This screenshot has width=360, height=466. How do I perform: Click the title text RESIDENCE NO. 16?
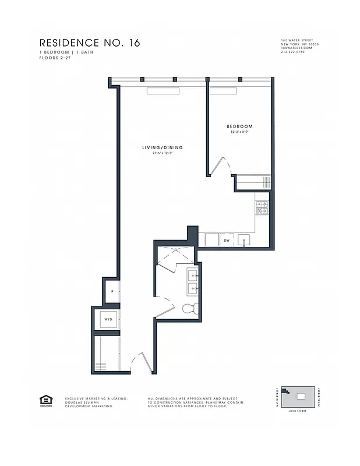89,43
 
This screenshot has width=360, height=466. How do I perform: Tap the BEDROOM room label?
239,126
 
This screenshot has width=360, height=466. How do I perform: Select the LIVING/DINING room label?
163,147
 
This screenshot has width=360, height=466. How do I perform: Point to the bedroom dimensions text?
239,132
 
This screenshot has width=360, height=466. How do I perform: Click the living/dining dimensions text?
167,154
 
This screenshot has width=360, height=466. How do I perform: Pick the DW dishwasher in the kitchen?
227,239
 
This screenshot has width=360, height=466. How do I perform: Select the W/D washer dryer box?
108,319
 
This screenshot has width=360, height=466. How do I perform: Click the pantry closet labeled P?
112,292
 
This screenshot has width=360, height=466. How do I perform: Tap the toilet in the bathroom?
189,308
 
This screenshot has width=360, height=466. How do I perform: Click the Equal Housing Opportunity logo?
45,400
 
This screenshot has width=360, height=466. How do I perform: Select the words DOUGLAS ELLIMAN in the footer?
82,402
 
